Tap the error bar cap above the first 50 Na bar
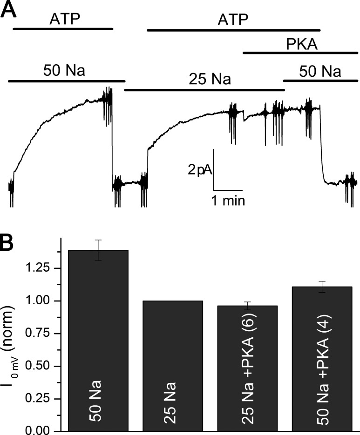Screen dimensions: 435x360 click(x=98, y=240)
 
